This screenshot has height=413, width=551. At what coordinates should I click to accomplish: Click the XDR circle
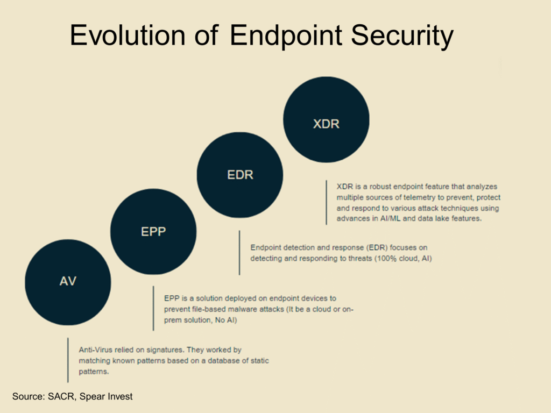(326, 119)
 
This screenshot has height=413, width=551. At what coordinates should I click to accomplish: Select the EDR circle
(240, 175)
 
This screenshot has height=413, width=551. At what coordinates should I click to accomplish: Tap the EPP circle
(153, 231)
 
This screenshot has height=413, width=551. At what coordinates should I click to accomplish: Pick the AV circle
(68, 282)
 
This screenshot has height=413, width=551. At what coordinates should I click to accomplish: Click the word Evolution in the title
(128, 35)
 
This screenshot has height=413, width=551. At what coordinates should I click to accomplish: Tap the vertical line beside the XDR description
(327, 203)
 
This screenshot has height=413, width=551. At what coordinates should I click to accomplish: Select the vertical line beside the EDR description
(239, 253)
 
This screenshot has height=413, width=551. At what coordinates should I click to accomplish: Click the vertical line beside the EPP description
(153, 308)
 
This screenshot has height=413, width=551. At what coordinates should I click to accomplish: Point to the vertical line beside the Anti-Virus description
(68, 360)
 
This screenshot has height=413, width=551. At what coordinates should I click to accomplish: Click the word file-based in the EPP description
(209, 309)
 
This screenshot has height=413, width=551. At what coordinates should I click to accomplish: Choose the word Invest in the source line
(120, 396)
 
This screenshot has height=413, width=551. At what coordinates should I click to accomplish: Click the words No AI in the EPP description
(226, 321)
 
